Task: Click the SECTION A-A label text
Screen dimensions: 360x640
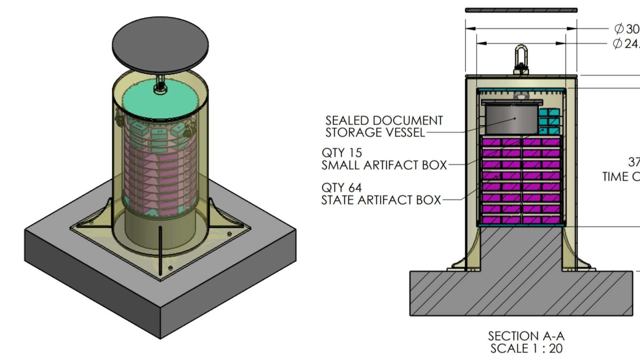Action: tap(526, 336)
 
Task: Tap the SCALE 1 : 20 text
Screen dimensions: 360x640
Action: tap(526, 349)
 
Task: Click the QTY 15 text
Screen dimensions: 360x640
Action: tap(342, 153)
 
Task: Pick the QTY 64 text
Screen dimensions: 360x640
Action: tap(341, 188)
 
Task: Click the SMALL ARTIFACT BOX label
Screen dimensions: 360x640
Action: tap(384, 165)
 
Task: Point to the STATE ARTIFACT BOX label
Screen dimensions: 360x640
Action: tap(381, 200)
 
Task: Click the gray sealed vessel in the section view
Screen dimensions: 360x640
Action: tap(512, 119)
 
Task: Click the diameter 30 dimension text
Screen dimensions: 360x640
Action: tap(627, 29)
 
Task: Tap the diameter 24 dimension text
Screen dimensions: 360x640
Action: tap(627, 44)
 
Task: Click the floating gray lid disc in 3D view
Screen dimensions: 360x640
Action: tap(160, 45)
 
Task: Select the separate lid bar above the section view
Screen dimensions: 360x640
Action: tap(521, 10)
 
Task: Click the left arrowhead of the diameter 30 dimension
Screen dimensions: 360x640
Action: tap(470, 29)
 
